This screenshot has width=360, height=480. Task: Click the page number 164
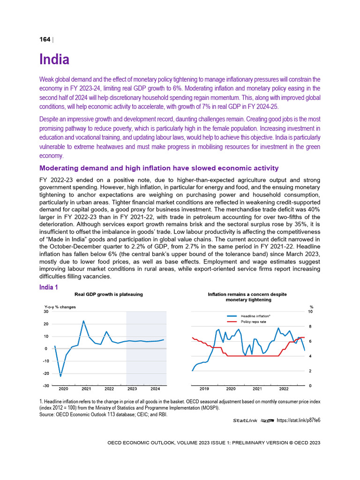pyautogui.click(x=45, y=39)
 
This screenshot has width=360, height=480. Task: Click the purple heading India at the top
pyautogui.click(x=54, y=60)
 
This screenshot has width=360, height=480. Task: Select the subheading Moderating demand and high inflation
pyautogui.click(x=159, y=168)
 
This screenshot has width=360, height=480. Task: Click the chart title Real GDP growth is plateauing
pyautogui.click(x=109, y=294)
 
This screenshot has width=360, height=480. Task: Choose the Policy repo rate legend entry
pyautogui.click(x=253, y=322)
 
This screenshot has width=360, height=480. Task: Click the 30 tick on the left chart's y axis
pyautogui.click(x=45, y=312)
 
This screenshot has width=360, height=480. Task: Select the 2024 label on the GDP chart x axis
pyautogui.click(x=155, y=389)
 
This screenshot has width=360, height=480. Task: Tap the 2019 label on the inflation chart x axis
pyautogui.click(x=204, y=389)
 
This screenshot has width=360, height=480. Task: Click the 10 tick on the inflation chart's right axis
pyautogui.click(x=310, y=312)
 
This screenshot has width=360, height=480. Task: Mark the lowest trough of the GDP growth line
pyautogui.click(x=60, y=376)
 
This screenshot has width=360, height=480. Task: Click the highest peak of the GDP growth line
pyautogui.click(x=83, y=321)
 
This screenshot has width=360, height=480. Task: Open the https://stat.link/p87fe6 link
pyautogui.click(x=299, y=420)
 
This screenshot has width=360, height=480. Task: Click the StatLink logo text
pyautogui.click(x=247, y=420)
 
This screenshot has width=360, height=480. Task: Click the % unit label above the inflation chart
pyautogui.click(x=311, y=307)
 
